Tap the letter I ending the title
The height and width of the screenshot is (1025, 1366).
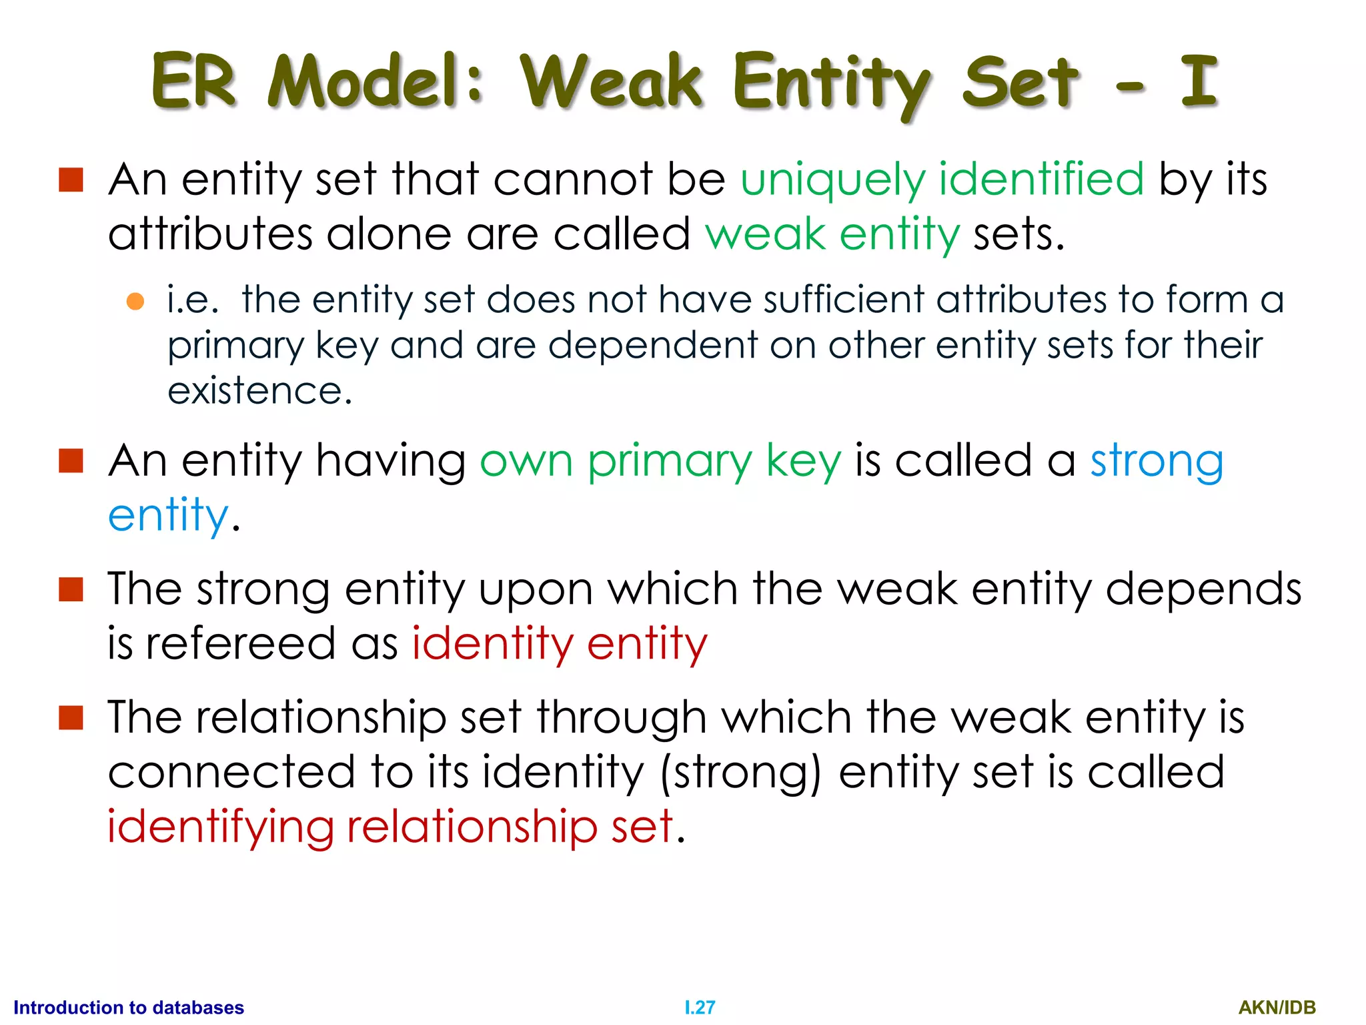tap(1199, 81)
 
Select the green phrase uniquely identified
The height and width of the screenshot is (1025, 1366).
tap(942, 180)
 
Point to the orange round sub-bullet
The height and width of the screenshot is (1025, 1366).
tap(135, 301)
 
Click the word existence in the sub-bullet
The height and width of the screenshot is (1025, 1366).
tap(259, 391)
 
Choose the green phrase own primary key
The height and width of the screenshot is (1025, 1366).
tap(660, 462)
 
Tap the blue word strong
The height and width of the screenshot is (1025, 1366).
tap(1157, 462)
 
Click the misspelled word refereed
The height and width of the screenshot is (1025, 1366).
tap(240, 645)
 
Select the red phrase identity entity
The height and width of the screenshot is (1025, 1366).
tap(560, 645)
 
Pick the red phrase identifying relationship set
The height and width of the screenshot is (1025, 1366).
tap(390, 827)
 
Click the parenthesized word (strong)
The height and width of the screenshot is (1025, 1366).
tap(740, 773)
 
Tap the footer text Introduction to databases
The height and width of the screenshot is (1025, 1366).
tap(129, 1008)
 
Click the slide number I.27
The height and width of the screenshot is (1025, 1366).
tap(700, 1008)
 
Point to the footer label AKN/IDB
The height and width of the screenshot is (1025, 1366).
tap(1277, 1008)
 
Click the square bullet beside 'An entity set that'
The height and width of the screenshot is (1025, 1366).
tap(71, 180)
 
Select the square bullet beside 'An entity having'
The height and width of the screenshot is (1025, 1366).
tap(71, 461)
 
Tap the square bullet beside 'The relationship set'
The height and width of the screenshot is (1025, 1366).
tap(71, 718)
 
